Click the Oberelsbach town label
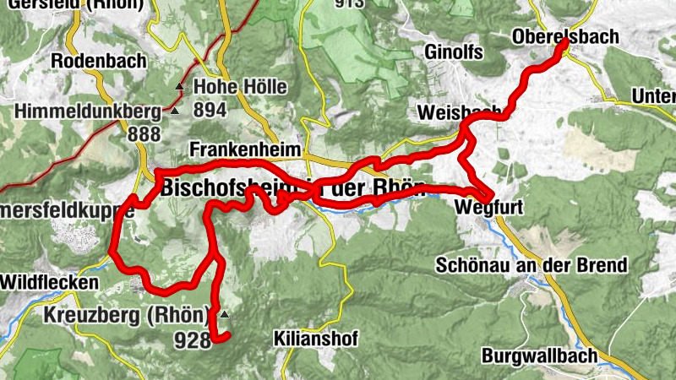565,37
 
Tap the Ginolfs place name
450,53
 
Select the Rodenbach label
98,61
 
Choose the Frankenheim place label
245,149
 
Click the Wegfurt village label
483,207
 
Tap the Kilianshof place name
316,338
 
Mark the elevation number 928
190,340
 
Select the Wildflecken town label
49,282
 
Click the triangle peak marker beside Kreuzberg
224,314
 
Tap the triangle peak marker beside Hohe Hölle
179,87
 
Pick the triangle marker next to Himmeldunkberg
174,111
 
